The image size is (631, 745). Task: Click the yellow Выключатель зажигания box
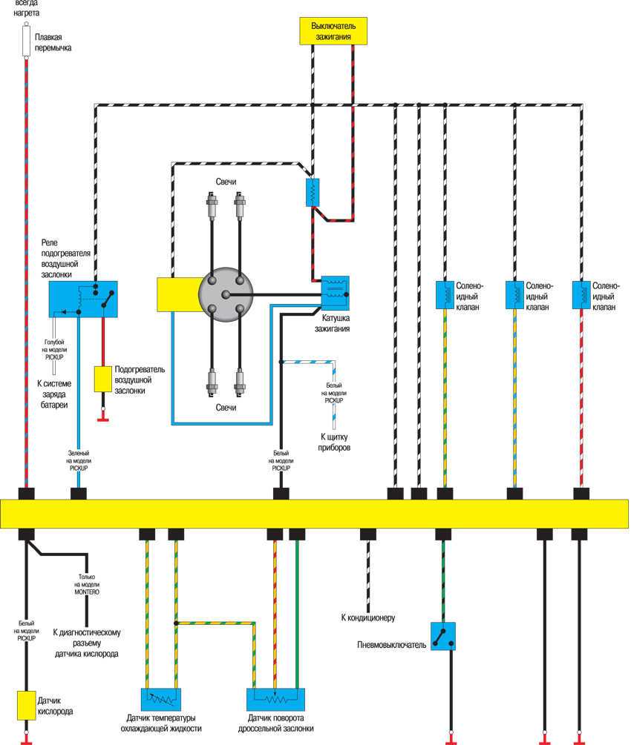(x=332, y=30)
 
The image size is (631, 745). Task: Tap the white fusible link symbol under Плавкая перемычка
(x=27, y=40)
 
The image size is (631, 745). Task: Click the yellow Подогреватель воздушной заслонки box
(x=102, y=379)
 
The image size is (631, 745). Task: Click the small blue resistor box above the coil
(x=313, y=192)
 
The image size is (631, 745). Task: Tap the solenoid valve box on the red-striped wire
(x=581, y=294)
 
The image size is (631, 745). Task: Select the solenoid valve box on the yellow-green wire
(x=444, y=294)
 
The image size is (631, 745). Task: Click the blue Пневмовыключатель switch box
(x=442, y=636)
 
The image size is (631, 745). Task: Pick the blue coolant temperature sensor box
(x=161, y=699)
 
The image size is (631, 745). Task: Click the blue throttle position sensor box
(x=275, y=699)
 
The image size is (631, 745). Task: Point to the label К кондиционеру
(x=367, y=617)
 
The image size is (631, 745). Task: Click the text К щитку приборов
(x=335, y=443)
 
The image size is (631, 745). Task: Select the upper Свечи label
(x=226, y=182)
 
